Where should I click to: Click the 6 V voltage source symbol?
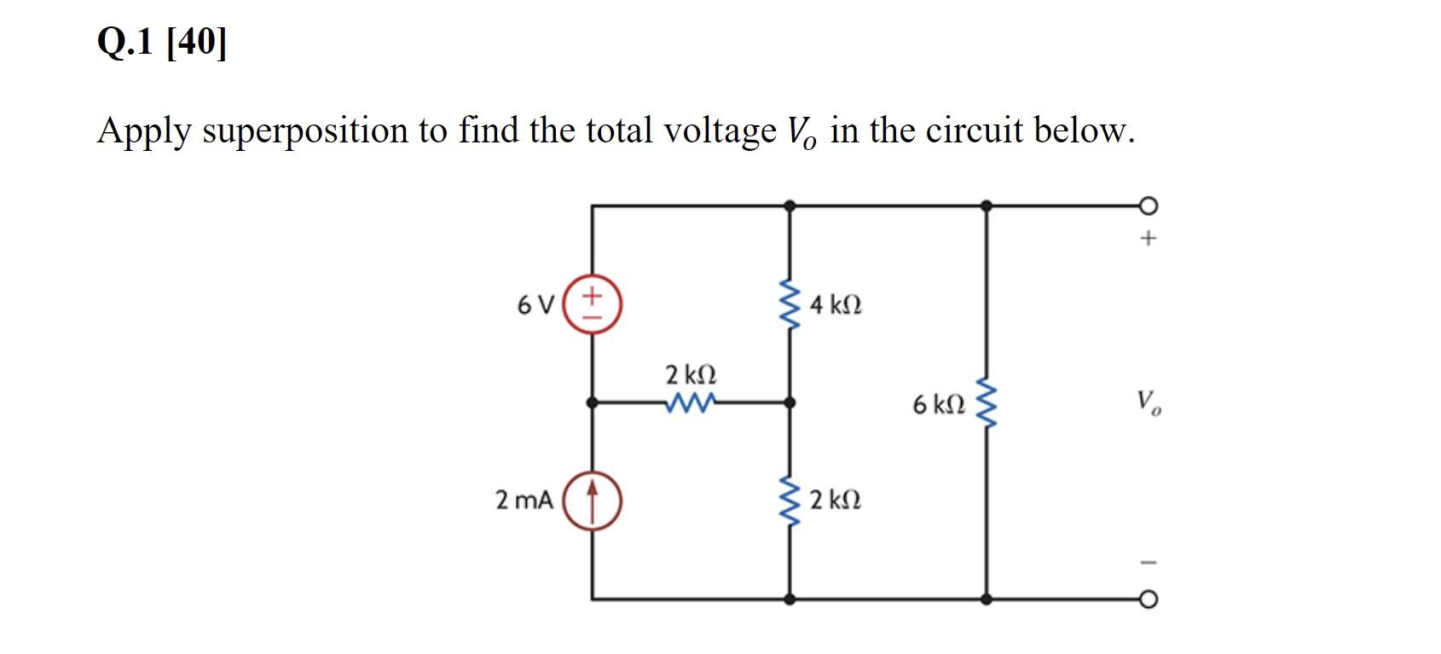tap(592, 304)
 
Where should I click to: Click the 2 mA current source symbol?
tap(592, 501)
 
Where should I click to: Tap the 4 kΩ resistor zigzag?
tap(790, 304)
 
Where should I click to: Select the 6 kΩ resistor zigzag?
tap(987, 403)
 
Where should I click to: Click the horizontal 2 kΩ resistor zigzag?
tap(690, 402)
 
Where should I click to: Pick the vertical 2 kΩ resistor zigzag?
tap(790, 501)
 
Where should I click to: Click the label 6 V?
tap(535, 304)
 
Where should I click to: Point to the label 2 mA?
tap(524, 501)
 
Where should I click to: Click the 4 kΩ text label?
tap(836, 304)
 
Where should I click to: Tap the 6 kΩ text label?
tap(938, 404)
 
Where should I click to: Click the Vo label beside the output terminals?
tap(1148, 402)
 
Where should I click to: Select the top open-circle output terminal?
tap(1149, 206)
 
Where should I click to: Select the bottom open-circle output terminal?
tap(1149, 599)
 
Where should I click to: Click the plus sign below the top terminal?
tap(1149, 239)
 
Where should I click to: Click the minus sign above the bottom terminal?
tap(1149, 562)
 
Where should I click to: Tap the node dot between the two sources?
tap(592, 402)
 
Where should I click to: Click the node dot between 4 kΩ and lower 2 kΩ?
tap(790, 402)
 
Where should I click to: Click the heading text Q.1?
tap(125, 41)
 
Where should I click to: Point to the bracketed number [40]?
tap(197, 41)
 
